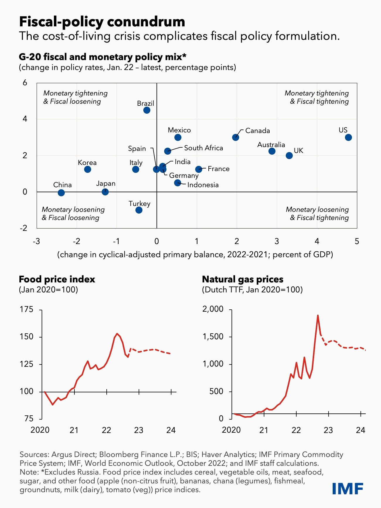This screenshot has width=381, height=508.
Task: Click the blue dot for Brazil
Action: click(x=147, y=110)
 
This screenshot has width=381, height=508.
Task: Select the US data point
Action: click(x=348, y=137)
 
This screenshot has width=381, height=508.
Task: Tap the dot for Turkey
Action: click(x=139, y=210)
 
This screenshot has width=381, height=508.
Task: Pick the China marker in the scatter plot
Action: click(x=61, y=193)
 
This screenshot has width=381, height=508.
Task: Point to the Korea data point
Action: click(x=87, y=169)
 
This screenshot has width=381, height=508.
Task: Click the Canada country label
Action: click(x=257, y=131)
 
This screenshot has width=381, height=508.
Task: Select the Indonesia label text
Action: click(x=203, y=185)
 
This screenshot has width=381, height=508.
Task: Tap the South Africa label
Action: click(x=203, y=148)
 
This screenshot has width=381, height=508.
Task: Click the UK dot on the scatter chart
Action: click(x=289, y=156)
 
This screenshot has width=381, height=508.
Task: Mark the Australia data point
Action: click(x=272, y=151)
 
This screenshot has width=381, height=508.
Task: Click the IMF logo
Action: click(x=348, y=488)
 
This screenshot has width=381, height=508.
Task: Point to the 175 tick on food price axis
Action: click(x=26, y=309)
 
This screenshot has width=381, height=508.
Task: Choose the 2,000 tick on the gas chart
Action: click(x=213, y=309)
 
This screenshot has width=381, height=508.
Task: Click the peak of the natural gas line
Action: click(x=318, y=316)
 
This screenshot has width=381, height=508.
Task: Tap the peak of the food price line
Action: click(x=117, y=333)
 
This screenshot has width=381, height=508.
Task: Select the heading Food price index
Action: click(x=57, y=279)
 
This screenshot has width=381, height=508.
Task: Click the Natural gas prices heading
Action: click(x=243, y=279)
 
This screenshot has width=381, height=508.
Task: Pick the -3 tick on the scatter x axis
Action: click(x=36, y=241)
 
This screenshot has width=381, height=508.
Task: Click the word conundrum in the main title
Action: click(x=146, y=22)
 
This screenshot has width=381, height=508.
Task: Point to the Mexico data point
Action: click(x=178, y=137)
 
